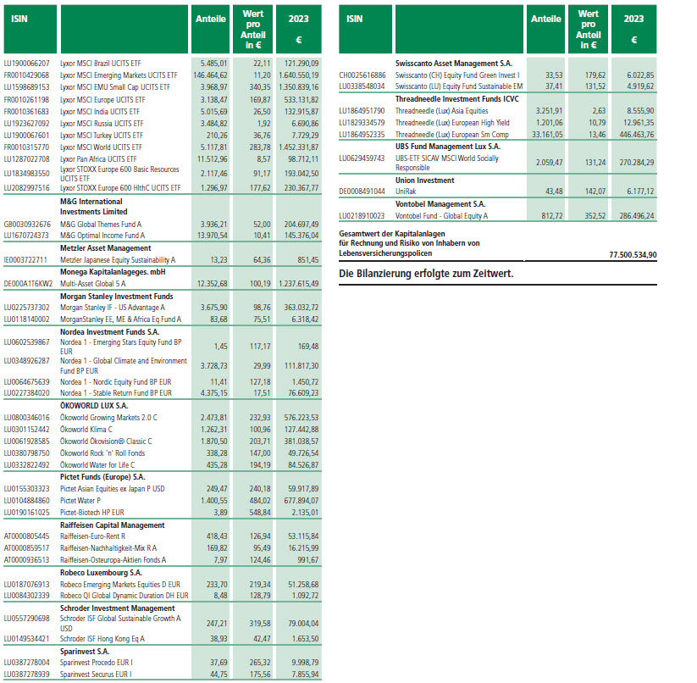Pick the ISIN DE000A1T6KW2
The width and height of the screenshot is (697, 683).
29,283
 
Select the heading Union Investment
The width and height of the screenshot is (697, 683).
429,180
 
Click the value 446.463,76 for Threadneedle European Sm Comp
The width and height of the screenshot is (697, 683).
631,135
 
